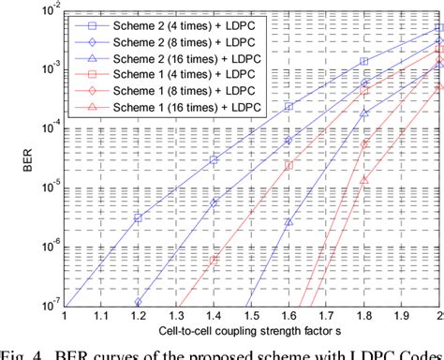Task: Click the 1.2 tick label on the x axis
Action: coord(138,319)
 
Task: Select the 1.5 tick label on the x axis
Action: coord(251,319)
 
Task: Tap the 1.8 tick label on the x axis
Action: coord(364,319)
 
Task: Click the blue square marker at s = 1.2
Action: coord(138,217)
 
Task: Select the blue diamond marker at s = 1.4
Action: coord(214,202)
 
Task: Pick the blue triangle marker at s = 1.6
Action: coord(289,223)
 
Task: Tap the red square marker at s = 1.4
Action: coord(214,261)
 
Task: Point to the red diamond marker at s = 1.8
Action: coord(364,144)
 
